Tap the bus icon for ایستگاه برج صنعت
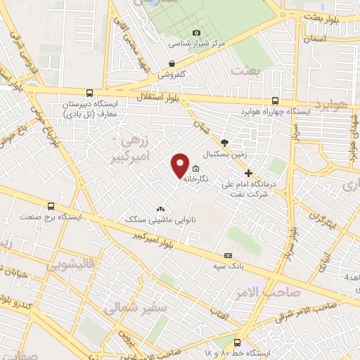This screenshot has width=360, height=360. point(51,206)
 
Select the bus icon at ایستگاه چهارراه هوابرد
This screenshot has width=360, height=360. point(275,101)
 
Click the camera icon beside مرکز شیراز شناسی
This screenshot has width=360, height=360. point(196,32)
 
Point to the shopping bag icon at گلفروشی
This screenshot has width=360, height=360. point(172,63)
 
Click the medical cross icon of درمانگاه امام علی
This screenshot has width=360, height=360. point(247,173)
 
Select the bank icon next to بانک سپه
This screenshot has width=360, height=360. point(227,255)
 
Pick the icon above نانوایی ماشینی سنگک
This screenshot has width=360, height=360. point(160,209)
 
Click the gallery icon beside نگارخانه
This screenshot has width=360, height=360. point(195,169)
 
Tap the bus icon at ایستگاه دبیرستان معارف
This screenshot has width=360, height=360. point(89,92)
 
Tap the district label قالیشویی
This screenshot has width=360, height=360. point(70,266)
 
